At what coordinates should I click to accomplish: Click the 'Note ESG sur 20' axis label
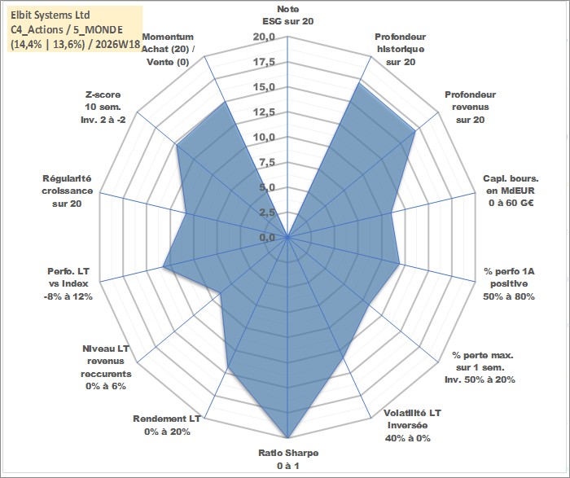[x=288, y=15]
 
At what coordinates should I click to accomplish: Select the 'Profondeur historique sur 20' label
[x=401, y=50]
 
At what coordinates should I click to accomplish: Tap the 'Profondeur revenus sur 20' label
[x=470, y=107]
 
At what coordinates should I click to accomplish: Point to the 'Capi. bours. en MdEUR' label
[x=511, y=185]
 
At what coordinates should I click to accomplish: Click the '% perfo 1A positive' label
[x=509, y=278]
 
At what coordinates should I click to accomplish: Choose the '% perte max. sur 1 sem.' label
[x=480, y=361]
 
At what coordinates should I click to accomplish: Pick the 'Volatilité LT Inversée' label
[x=412, y=419]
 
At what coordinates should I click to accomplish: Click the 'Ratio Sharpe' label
[x=288, y=453]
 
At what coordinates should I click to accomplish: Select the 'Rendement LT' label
[x=166, y=419]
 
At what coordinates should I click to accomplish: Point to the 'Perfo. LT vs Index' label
[x=68, y=278]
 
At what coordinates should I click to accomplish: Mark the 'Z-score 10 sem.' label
[x=103, y=101]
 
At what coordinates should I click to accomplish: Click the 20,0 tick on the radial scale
[x=265, y=37]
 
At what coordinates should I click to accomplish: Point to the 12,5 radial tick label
[x=265, y=112]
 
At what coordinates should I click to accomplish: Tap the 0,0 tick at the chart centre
[x=267, y=238]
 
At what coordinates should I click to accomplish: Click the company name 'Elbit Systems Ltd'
[x=50, y=15]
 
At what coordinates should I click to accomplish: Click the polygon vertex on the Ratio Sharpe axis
[x=288, y=437]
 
